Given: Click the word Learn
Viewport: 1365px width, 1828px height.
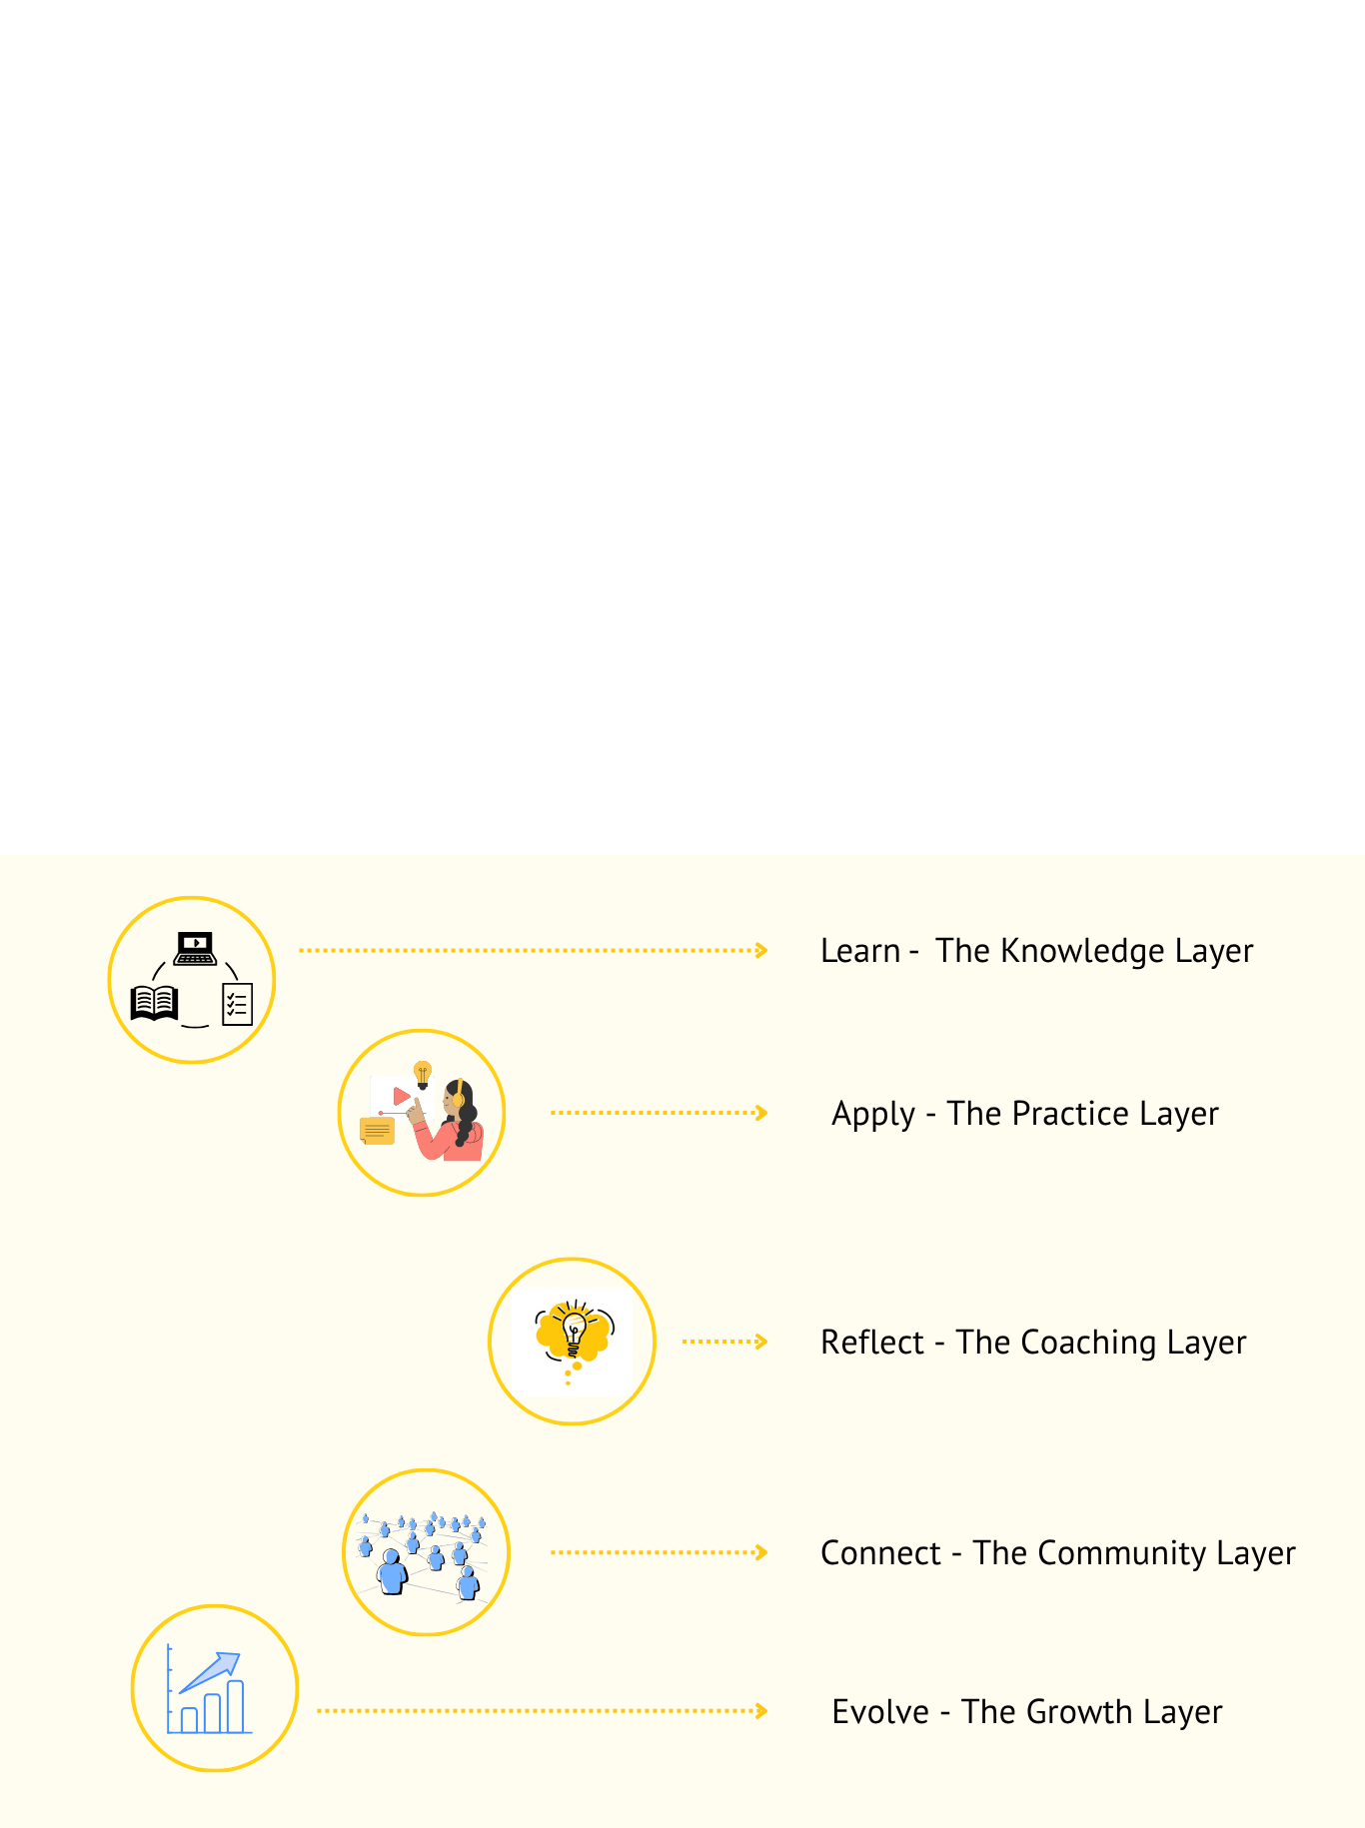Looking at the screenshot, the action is point(859,951).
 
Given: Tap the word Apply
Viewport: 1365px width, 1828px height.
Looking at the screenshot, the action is point(872,1114).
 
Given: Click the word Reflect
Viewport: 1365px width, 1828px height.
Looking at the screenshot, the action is point(871,1343).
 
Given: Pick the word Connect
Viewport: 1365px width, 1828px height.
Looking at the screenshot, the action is point(879,1553).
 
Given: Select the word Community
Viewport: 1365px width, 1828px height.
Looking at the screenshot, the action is point(1120,1553).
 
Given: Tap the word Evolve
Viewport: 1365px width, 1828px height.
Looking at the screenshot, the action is point(880,1712).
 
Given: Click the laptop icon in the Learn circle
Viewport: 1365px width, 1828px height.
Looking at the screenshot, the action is point(195,948).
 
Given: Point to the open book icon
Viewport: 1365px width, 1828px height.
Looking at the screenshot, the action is point(154,1003).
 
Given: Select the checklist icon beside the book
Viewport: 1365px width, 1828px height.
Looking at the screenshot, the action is point(237,1004).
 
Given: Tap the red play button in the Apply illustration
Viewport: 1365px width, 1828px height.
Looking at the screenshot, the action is point(401,1096).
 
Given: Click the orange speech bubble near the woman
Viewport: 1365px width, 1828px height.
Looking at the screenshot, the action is point(377,1131).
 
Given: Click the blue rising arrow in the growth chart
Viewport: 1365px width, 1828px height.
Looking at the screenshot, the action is point(212,1671).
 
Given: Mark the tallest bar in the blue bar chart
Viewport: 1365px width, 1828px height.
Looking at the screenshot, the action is point(236,1706).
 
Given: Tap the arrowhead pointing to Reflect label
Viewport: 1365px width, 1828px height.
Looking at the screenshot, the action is point(762,1342).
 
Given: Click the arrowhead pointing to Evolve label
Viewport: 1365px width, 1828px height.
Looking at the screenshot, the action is point(762,1711).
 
